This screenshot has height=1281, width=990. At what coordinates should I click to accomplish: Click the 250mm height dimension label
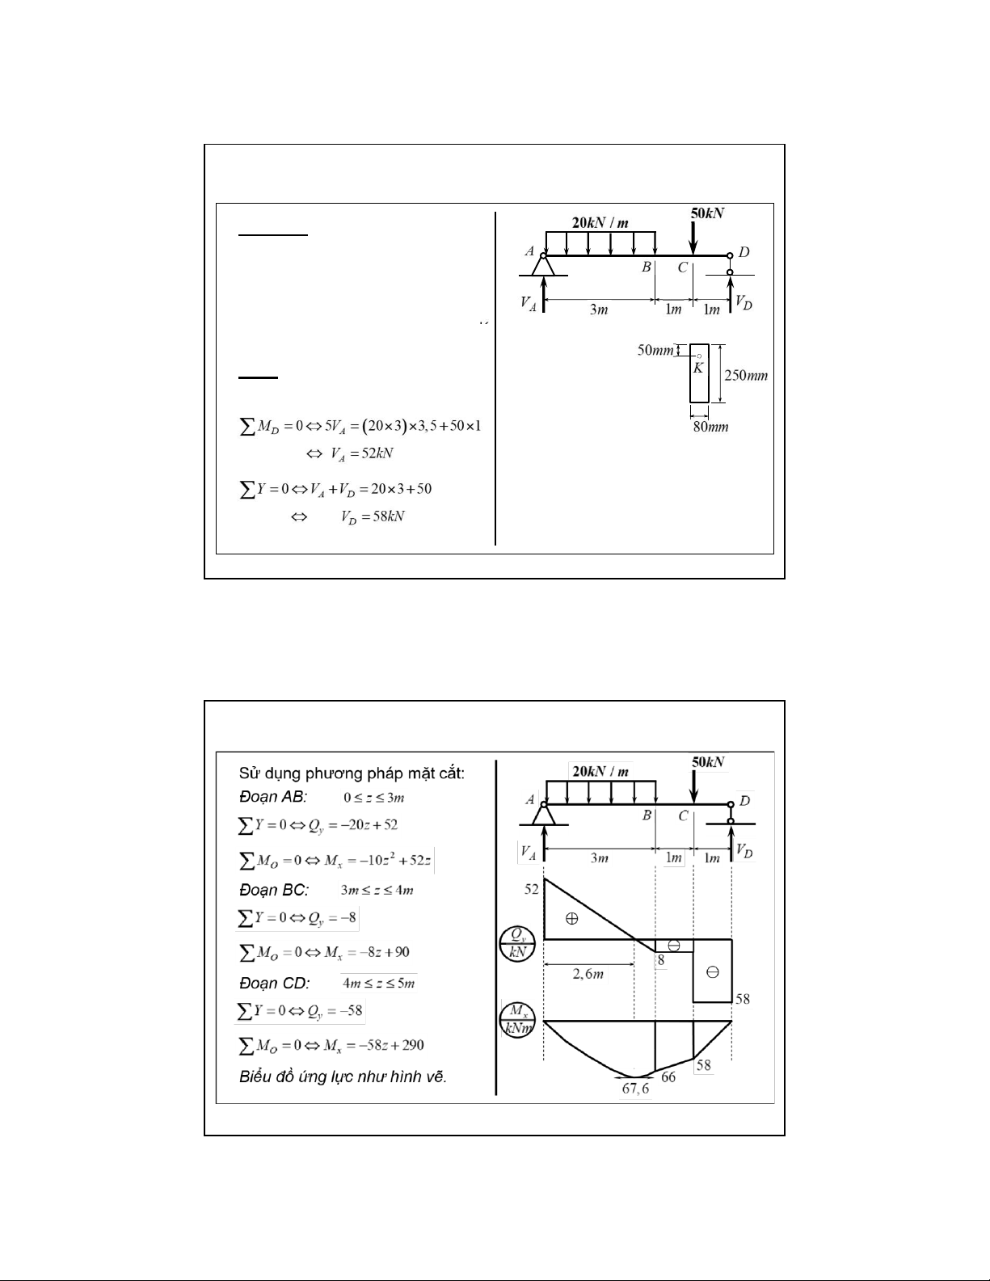pyautogui.click(x=745, y=376)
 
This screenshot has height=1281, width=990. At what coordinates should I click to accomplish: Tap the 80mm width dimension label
pyautogui.click(x=710, y=426)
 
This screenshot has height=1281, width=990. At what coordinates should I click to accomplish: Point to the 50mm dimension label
pyautogui.click(x=655, y=350)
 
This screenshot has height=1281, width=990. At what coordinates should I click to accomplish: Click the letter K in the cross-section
pyautogui.click(x=698, y=368)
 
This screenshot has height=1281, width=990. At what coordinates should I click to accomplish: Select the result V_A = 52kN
pyautogui.click(x=349, y=453)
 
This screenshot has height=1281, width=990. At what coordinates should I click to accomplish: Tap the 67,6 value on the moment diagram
pyautogui.click(x=635, y=1088)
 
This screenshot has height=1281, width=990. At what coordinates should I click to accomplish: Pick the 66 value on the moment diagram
pyautogui.click(x=668, y=1077)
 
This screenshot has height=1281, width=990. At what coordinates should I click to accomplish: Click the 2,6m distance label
pyautogui.click(x=588, y=974)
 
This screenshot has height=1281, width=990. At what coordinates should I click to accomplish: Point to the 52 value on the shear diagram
pyautogui.click(x=532, y=889)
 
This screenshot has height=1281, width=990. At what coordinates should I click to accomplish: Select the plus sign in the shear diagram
pyautogui.click(x=571, y=918)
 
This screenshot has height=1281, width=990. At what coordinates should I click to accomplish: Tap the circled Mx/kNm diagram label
pyautogui.click(x=517, y=1019)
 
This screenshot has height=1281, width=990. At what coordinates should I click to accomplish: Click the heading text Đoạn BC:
pyautogui.click(x=274, y=890)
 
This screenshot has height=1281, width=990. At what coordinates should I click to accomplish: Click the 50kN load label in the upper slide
pyautogui.click(x=707, y=213)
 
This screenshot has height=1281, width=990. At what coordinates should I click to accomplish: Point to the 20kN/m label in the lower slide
pyautogui.click(x=600, y=771)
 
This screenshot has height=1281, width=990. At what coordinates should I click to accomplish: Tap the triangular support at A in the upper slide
pyautogui.click(x=543, y=266)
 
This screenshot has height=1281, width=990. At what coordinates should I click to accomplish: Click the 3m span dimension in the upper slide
pyautogui.click(x=599, y=310)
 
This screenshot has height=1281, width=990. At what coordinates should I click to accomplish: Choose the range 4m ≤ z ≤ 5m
pyautogui.click(x=379, y=984)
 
